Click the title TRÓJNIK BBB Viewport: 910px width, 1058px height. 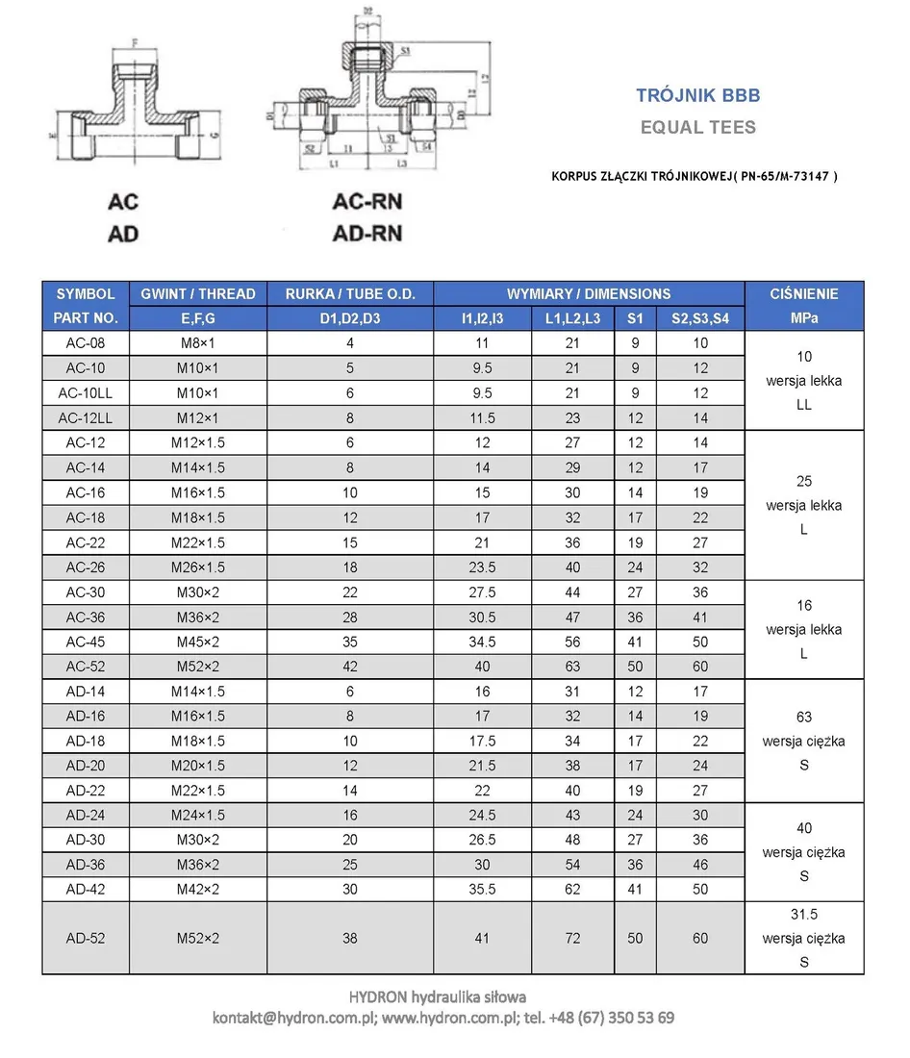point(697,95)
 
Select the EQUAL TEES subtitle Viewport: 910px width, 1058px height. point(697,127)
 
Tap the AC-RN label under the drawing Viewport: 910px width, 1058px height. point(367,202)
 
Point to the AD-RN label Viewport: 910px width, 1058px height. point(367,233)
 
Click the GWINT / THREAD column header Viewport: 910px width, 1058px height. point(197,294)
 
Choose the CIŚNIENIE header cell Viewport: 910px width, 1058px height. point(803,294)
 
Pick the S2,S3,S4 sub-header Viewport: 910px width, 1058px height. point(699,318)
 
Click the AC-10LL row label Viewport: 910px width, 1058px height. point(86,393)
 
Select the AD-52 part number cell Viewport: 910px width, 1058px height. point(86,938)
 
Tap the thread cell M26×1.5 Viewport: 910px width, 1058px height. point(197,567)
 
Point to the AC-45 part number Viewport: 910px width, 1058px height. point(86,642)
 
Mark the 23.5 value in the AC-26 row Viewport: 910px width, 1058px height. point(482,567)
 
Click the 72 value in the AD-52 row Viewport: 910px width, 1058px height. point(572,938)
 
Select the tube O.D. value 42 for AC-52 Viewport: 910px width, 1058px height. point(349,667)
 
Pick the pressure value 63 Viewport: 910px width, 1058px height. point(803,717)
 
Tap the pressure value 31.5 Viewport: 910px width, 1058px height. point(803,914)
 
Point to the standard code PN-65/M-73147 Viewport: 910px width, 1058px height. point(780,177)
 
